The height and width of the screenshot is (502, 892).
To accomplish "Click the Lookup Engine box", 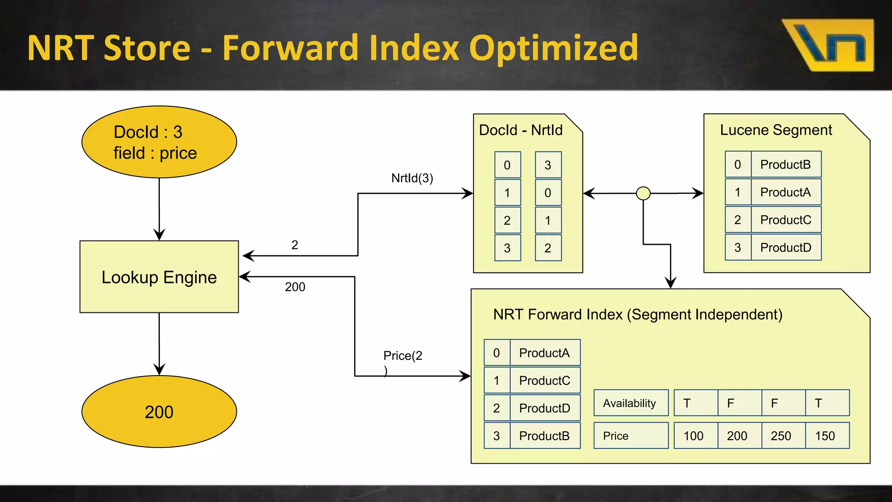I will tap(159, 277).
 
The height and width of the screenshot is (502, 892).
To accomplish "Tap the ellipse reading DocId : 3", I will tap(159, 142).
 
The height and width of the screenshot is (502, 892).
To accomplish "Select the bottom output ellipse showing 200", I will tap(159, 412).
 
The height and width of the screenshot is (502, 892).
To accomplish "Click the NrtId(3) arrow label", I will tap(412, 178).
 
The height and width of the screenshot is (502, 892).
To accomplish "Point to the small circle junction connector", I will tap(643, 193).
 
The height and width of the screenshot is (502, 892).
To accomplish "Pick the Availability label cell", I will tap(630, 403).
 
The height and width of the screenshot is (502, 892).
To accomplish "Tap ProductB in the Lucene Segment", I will tap(786, 165).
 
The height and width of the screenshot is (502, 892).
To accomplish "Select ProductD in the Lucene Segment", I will tap(786, 248).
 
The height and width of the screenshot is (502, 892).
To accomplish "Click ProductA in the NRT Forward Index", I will tap(544, 353).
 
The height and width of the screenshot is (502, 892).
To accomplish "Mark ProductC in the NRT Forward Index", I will tap(544, 380).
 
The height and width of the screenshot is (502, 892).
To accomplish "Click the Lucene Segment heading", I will tap(776, 130).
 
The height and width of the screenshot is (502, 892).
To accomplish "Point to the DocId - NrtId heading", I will tap(520, 130).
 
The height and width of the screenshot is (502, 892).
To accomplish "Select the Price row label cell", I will tap(630, 435).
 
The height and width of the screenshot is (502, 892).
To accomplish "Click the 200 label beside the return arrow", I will tap(295, 287).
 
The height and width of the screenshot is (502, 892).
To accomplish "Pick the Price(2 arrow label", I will tap(402, 356).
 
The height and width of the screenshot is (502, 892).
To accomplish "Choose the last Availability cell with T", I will tap(827, 403).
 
